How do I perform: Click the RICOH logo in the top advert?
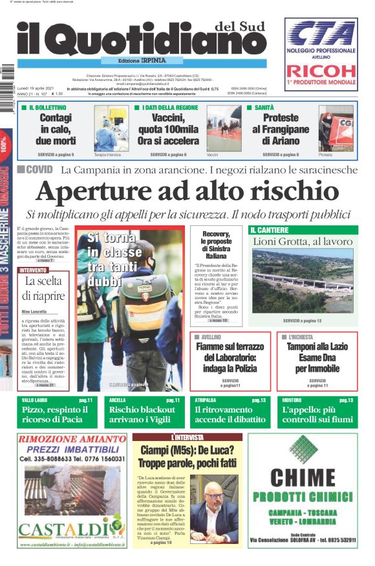321,71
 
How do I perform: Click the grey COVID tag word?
39,170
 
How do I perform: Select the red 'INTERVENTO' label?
33,270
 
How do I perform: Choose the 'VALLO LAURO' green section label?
32,400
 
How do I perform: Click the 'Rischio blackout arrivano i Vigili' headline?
142,414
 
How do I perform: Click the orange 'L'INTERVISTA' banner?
186,438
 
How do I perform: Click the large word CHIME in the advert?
303,479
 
